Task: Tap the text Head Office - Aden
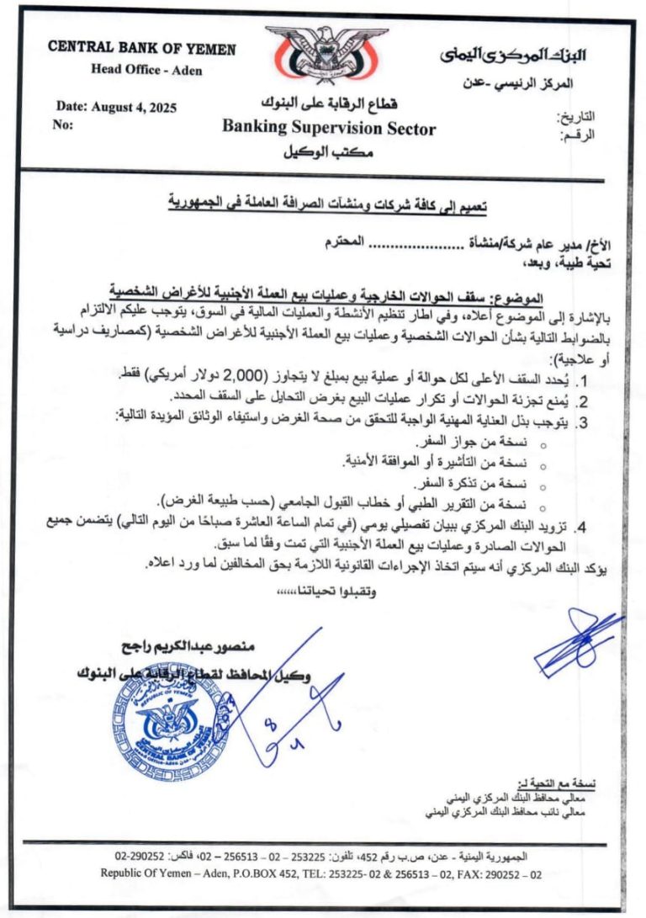pyautogui.click(x=146, y=70)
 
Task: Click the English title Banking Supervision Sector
pyautogui.click(x=329, y=129)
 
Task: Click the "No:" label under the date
pyautogui.click(x=65, y=125)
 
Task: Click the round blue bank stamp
pyautogui.click(x=167, y=722)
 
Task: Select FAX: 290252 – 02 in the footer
pyautogui.click(x=495, y=874)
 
